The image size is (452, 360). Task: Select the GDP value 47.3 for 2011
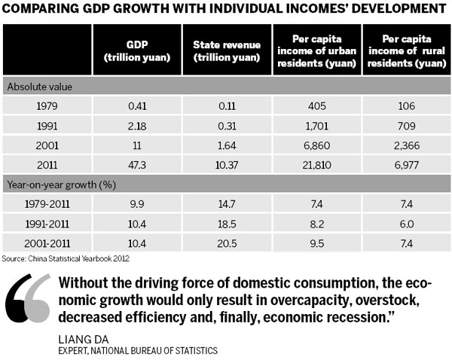click(136, 164)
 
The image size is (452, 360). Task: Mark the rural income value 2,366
click(405, 145)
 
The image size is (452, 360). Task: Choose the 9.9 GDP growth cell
click(136, 203)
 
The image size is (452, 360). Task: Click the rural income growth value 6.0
click(405, 223)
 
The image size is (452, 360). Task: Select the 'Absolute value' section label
click(37, 86)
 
